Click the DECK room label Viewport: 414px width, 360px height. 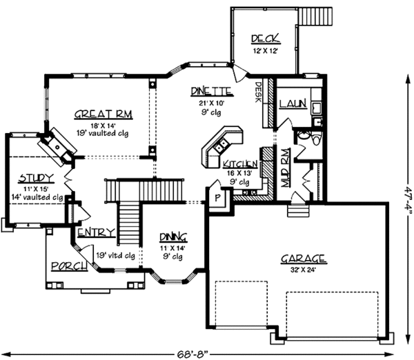click(264, 39)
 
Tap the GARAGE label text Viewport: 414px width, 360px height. click(303, 259)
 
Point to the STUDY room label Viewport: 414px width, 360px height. click(32, 177)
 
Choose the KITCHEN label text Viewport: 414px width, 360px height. click(241, 163)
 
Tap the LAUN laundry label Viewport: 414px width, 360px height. click(293, 103)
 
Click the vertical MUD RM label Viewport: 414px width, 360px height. click(284, 166)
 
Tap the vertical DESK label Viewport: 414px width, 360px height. click(258, 92)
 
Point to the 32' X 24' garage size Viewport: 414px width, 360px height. click(303, 271)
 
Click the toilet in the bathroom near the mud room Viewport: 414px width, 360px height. click(315, 139)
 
